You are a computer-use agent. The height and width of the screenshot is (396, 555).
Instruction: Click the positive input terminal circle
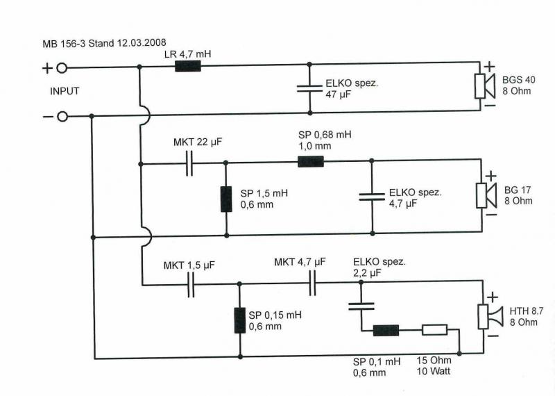tap(62, 68)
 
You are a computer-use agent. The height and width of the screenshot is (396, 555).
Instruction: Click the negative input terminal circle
tap(62, 116)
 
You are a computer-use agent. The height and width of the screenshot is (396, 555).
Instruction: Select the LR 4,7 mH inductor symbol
tap(188, 66)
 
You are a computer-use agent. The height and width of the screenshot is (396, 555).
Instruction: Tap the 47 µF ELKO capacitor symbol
tap(309, 88)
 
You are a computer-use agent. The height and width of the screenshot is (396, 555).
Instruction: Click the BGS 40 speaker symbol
tap(484, 86)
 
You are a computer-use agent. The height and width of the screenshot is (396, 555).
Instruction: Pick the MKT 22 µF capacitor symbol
tap(189, 163)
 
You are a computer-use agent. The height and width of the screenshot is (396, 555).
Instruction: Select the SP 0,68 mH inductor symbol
tap(311, 161)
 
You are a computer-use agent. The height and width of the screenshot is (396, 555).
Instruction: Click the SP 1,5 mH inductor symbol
tap(227, 199)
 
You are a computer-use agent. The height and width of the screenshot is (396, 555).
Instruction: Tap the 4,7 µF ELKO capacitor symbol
tap(372, 197)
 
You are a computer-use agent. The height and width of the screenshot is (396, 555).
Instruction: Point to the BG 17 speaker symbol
tap(486, 195)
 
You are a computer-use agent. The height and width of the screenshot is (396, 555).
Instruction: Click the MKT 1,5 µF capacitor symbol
tap(191, 285)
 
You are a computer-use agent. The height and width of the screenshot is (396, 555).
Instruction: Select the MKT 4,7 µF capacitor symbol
tap(312, 283)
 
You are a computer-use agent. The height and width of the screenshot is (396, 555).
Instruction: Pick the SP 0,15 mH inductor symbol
tap(240, 320)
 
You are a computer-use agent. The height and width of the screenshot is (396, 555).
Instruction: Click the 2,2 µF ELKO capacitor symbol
tap(361, 306)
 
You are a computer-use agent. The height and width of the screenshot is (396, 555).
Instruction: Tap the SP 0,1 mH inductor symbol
tap(386, 331)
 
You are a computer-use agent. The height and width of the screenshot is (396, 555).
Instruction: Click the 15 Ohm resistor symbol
tap(435, 330)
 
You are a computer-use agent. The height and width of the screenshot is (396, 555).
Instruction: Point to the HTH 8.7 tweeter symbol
tap(490, 317)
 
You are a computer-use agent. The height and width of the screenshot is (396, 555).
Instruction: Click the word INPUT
tap(65, 91)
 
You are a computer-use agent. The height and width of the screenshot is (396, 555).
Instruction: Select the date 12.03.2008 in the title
tap(141, 42)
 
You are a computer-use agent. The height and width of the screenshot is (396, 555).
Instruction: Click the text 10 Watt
tap(434, 371)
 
